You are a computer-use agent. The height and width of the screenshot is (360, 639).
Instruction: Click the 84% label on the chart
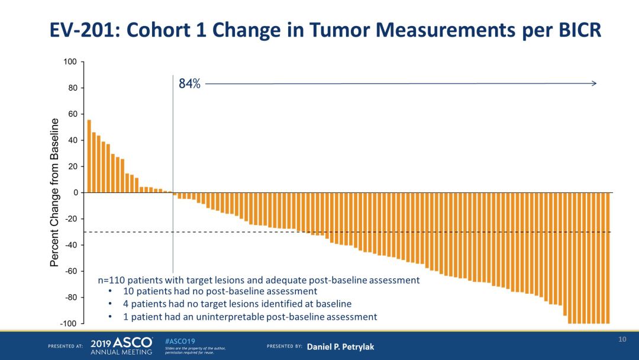(x=189, y=83)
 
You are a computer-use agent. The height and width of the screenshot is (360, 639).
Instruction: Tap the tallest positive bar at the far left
(x=89, y=156)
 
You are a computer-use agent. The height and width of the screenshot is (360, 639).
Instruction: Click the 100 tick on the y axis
(x=71, y=62)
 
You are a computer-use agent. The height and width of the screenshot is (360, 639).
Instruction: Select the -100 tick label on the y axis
(x=69, y=323)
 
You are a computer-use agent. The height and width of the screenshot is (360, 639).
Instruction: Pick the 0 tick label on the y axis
(x=75, y=192)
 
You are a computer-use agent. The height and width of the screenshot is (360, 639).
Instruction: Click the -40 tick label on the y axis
(x=71, y=245)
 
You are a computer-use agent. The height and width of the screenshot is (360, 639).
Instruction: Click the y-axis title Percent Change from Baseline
(x=55, y=192)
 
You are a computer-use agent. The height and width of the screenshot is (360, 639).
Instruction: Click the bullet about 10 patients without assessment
(x=220, y=291)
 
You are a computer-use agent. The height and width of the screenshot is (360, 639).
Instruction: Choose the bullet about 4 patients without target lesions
(x=237, y=304)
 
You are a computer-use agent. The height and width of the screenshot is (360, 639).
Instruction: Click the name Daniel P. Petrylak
(x=340, y=346)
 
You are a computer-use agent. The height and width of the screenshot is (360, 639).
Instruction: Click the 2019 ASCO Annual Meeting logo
(x=122, y=346)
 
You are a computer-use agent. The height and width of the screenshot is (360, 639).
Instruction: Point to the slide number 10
(x=622, y=339)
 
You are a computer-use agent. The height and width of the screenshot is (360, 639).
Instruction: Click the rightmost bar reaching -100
(x=607, y=258)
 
